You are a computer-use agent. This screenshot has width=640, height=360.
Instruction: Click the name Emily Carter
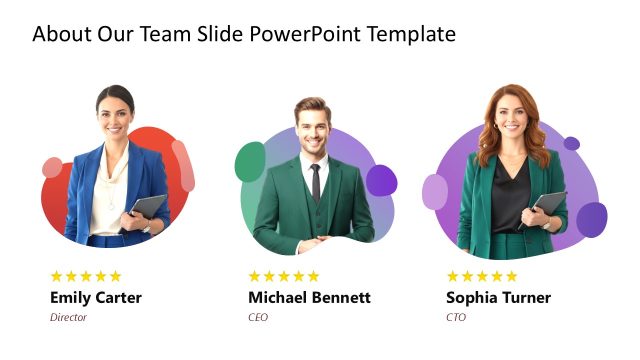click(96, 298)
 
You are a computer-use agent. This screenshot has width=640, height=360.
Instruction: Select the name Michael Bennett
click(309, 298)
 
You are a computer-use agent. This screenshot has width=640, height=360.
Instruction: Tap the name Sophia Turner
click(498, 298)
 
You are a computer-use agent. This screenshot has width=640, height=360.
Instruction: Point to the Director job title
click(68, 317)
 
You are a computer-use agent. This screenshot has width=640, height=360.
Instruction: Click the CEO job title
click(258, 317)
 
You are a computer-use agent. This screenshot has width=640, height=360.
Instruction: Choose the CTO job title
click(456, 317)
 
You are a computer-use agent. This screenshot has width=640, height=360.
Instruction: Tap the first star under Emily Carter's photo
click(57, 276)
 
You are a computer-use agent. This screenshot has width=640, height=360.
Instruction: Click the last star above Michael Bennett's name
click(313, 276)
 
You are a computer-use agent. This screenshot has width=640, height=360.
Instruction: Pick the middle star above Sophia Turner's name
click(483, 276)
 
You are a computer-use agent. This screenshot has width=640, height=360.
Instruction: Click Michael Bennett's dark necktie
click(316, 182)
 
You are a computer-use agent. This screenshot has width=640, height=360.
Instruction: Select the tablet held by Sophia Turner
click(546, 206)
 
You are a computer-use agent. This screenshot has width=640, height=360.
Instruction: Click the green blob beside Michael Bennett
click(250, 162)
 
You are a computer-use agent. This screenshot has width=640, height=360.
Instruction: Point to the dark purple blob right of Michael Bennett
click(381, 180)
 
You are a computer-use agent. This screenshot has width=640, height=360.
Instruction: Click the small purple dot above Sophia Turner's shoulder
click(571, 143)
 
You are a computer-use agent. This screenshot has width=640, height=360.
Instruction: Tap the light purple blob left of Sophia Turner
click(434, 191)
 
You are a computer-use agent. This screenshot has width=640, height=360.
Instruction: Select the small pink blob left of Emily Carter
click(52, 168)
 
